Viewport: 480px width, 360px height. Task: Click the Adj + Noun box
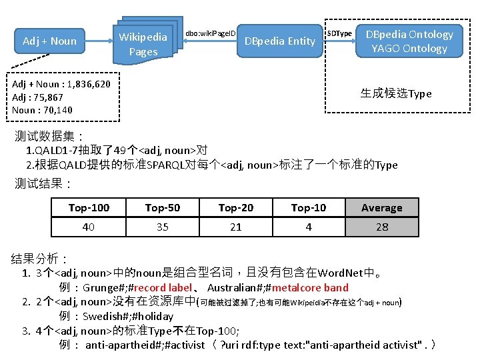49,41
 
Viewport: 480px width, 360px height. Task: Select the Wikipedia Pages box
143,44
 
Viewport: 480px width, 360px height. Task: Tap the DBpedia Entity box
279,41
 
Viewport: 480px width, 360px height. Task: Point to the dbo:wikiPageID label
211,33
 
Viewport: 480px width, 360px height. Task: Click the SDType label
339,33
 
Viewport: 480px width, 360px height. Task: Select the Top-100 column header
89,208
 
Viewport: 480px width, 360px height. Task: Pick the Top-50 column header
163,208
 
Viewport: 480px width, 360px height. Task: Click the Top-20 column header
236,208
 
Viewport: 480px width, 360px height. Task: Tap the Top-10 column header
309,208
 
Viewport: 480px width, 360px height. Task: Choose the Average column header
382,208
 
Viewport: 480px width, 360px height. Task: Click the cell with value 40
89,227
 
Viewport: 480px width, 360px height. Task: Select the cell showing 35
163,227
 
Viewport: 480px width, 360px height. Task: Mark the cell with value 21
236,227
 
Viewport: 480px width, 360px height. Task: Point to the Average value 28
382,227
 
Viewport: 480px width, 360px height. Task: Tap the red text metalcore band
310,288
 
